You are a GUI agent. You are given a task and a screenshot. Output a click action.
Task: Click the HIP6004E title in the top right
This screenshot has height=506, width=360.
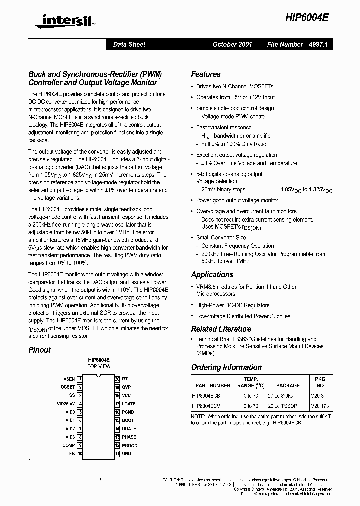point(307,17)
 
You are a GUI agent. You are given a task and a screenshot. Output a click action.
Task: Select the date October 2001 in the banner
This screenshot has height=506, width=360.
point(232,44)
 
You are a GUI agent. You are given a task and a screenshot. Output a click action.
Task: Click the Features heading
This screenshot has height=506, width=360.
point(206,74)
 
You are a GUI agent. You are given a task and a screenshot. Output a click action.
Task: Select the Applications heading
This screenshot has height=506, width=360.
point(212,274)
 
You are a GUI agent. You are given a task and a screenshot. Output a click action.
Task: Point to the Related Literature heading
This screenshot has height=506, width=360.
point(221,329)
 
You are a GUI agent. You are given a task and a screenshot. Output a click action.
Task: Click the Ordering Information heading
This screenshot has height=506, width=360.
point(226,367)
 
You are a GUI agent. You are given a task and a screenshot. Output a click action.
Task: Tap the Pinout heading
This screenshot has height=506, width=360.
point(39,350)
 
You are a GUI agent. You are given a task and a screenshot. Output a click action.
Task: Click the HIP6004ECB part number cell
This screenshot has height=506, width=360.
point(206,395)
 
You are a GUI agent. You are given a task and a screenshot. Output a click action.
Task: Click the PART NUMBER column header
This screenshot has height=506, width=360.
point(213,385)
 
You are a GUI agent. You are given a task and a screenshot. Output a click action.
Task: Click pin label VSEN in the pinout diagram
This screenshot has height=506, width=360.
point(69,379)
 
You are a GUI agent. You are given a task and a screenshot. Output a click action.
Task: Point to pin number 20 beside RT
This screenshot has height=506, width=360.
point(117,379)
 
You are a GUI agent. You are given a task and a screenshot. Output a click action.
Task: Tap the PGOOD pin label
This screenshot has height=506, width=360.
point(129,445)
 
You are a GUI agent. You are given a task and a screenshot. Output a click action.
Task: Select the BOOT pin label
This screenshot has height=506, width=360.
point(128,420)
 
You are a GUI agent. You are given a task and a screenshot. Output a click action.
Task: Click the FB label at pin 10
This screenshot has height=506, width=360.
point(72,454)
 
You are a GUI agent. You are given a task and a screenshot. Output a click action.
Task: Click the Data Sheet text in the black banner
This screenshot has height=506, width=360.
point(129,44)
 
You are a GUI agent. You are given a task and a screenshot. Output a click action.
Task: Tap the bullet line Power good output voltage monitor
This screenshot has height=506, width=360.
point(237,200)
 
